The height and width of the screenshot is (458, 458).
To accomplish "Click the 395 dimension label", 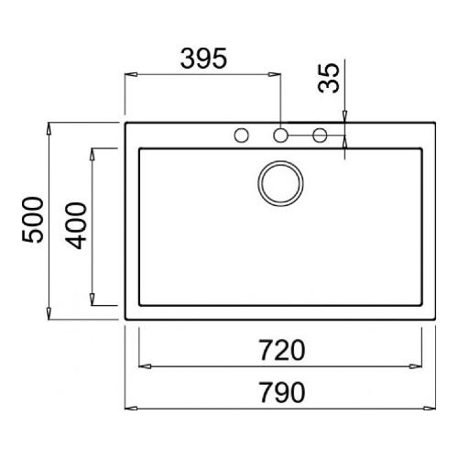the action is click(203, 58).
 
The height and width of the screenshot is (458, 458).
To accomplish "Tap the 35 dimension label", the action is click(329, 78).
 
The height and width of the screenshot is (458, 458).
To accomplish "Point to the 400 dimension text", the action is click(76, 225).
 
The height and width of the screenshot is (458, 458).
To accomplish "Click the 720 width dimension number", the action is click(282, 350).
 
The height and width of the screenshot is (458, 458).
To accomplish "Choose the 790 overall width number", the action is click(282, 392).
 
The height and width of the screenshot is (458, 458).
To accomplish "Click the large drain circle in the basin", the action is click(280, 183).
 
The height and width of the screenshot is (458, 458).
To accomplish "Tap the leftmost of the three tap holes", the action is click(242, 136).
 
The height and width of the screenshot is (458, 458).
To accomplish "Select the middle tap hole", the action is click(280, 136).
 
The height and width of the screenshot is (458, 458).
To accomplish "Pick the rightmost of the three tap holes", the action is click(320, 136).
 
